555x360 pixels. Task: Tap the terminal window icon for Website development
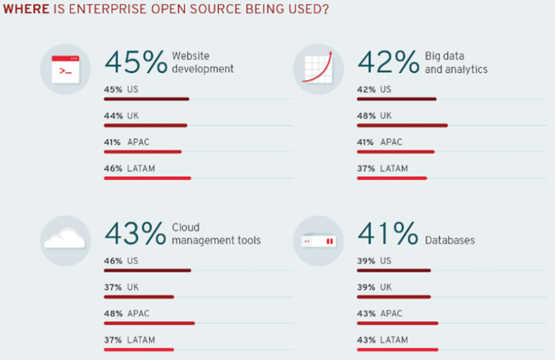coord(66,69)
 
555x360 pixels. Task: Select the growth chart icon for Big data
coord(318,69)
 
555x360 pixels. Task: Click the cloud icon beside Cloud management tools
coord(65,239)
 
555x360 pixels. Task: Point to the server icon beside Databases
coord(318,240)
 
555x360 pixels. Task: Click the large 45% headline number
coord(136,64)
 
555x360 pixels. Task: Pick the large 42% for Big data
coord(388,64)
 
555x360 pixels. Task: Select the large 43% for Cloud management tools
coord(136,234)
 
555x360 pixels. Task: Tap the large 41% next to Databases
coord(388,234)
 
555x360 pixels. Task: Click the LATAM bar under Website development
coord(147,178)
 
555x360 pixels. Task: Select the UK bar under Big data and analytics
coord(402,125)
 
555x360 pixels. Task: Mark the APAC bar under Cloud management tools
coord(149,322)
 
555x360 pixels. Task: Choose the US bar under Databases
coord(393,270)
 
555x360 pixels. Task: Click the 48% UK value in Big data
coord(366,116)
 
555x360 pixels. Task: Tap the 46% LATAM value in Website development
coord(113,168)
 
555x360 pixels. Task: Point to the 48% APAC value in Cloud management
coord(113,313)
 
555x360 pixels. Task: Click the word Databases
coord(449,240)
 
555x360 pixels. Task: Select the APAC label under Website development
coord(138,142)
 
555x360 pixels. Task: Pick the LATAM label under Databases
coord(394,340)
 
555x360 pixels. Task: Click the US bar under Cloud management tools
coord(147,270)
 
